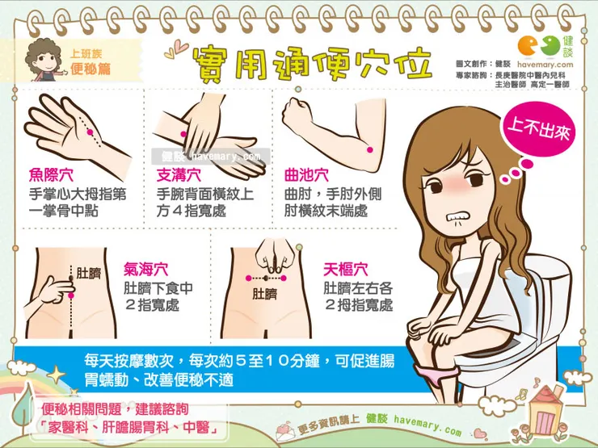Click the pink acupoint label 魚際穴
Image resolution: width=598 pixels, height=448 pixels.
coord(51,175)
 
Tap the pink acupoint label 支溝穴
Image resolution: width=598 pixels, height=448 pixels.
coord(179,175)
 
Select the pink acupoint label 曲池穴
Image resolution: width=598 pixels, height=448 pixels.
coord(306,175)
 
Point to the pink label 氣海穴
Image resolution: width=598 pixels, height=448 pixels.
coord(145,269)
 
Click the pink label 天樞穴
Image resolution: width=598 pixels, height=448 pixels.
coord(346,269)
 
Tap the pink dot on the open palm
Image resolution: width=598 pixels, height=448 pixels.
coord(90,132)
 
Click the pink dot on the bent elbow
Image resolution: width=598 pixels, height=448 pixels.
coord(369,149)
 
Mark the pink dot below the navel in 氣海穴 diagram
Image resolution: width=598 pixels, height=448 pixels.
coord(71,295)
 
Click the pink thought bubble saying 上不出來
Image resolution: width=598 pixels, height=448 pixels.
coord(538,129)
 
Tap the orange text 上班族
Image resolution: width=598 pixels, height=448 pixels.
coord(86,54)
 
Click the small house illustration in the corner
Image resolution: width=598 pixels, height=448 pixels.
coord(545,411)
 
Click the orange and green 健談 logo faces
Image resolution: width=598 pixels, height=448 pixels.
coord(539,46)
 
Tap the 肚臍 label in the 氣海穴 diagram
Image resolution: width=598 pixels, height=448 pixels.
coord(88,273)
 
